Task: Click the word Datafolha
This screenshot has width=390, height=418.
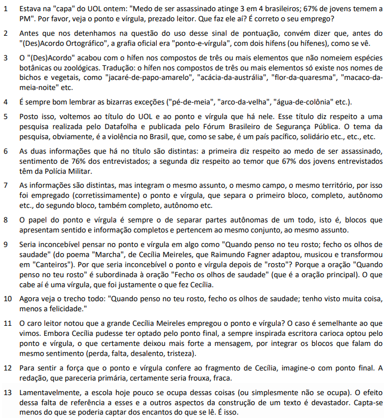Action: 115,126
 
